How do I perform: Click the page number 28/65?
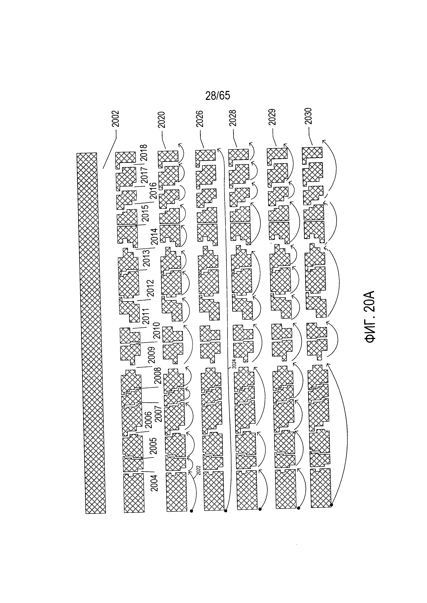click(x=217, y=96)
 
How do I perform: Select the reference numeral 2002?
click(x=116, y=118)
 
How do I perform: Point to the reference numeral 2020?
click(x=161, y=120)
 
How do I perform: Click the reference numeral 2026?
click(x=200, y=119)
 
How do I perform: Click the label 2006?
click(x=148, y=420)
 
